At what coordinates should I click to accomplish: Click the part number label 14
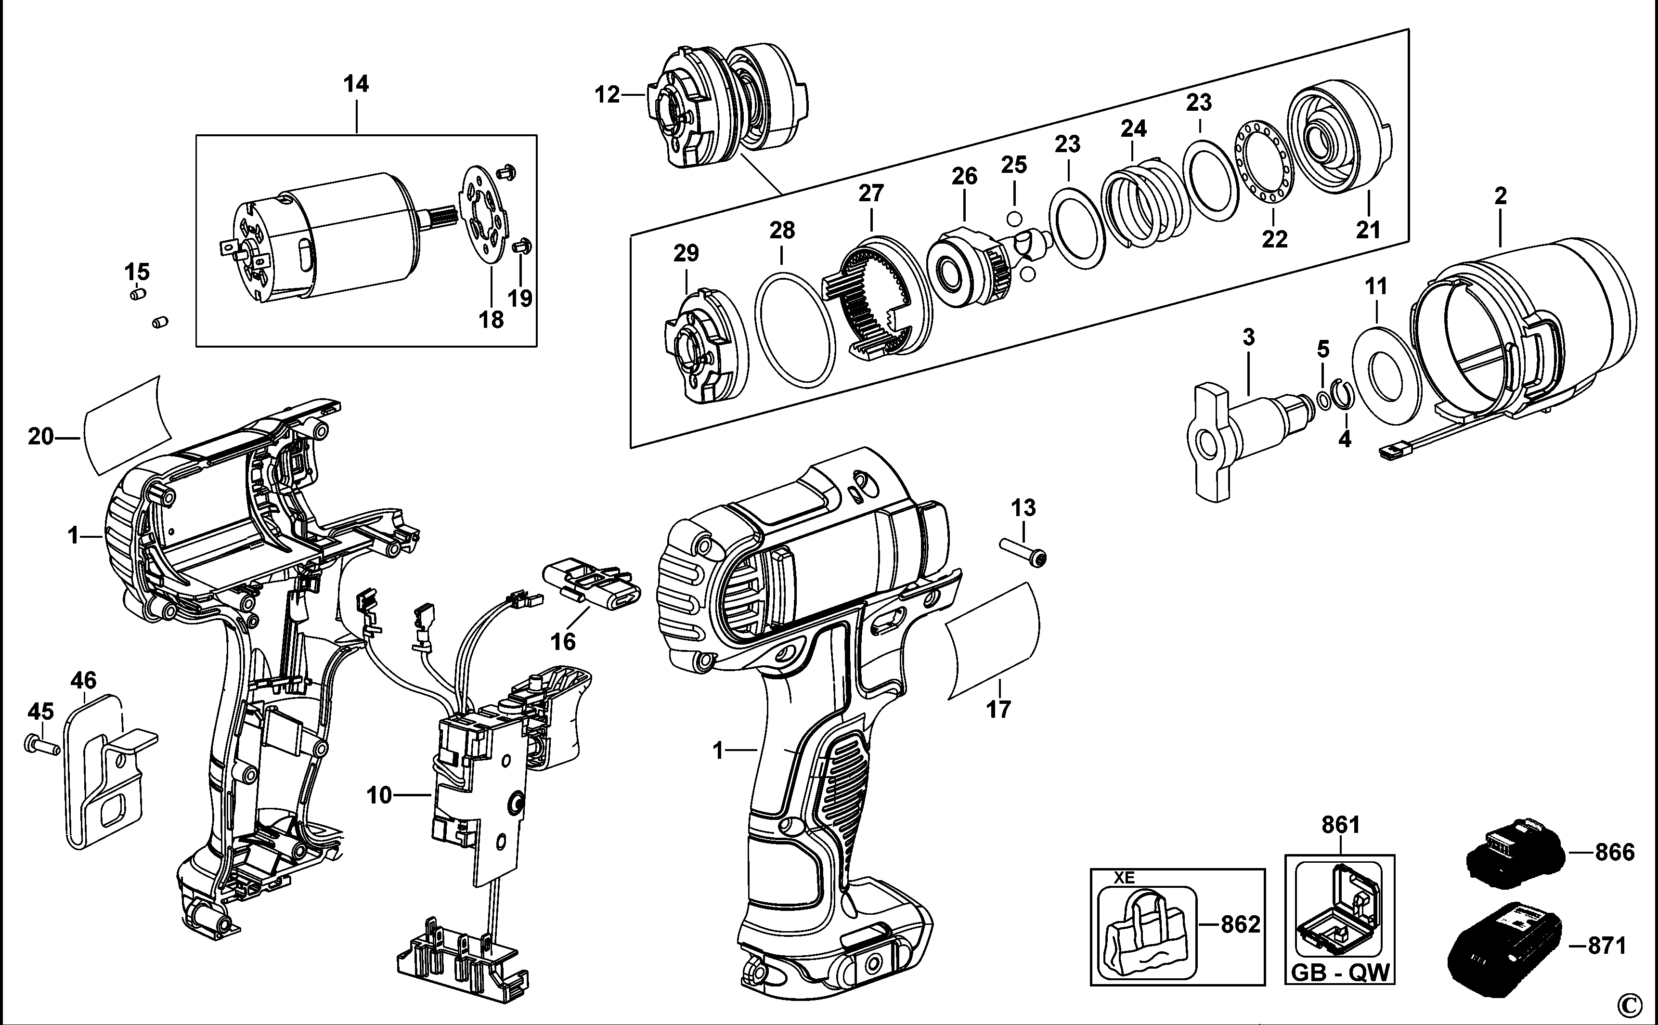coord(356,84)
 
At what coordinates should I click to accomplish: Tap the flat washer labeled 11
coord(1386,376)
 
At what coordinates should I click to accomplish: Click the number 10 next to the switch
coord(379,794)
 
